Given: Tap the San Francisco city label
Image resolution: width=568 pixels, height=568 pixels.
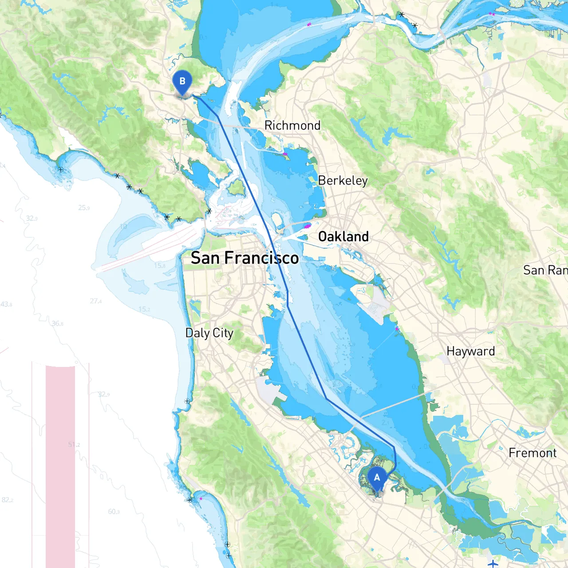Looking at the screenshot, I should [245, 258].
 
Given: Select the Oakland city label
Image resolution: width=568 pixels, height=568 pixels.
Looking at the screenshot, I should [343, 237].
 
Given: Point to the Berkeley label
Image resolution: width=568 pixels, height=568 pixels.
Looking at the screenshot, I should [343, 181].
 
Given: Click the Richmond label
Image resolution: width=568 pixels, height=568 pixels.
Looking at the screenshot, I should [292, 126].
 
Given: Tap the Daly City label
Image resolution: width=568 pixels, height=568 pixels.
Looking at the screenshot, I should [209, 333].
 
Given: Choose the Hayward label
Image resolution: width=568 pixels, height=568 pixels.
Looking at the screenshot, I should [470, 351].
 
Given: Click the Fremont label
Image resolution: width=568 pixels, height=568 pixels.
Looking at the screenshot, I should [532, 453].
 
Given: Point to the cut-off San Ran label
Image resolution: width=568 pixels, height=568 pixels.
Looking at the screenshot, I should [545, 270].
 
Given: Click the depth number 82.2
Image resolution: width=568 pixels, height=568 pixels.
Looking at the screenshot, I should [8, 500].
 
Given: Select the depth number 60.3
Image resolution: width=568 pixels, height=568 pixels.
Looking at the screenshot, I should [114, 512].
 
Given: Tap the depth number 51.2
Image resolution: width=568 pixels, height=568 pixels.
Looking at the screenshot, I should [74, 444].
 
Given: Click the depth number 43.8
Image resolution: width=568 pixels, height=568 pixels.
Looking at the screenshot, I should [6, 304].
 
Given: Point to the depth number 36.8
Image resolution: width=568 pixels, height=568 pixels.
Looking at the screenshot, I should [58, 323].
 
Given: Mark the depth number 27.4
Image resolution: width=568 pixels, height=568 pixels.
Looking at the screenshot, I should [96, 301].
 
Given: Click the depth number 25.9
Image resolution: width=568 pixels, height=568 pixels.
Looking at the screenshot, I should [84, 208].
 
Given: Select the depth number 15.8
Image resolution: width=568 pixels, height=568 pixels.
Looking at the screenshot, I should [160, 265].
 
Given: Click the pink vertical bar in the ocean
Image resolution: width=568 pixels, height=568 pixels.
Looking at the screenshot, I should [60, 466].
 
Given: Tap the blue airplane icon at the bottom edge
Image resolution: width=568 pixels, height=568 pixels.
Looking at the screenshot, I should [493, 564].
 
